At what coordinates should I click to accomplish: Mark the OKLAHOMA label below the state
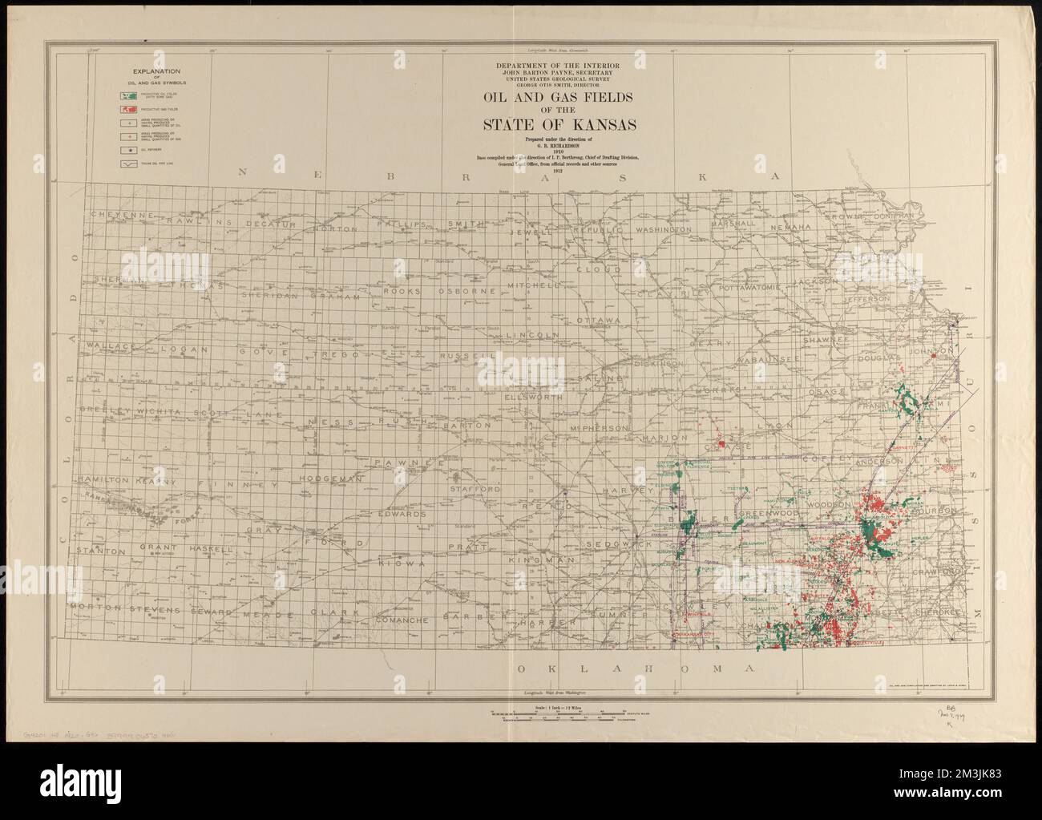click(637, 669)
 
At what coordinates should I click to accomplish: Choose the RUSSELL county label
click(464, 354)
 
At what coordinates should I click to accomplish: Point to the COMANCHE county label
click(408, 620)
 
